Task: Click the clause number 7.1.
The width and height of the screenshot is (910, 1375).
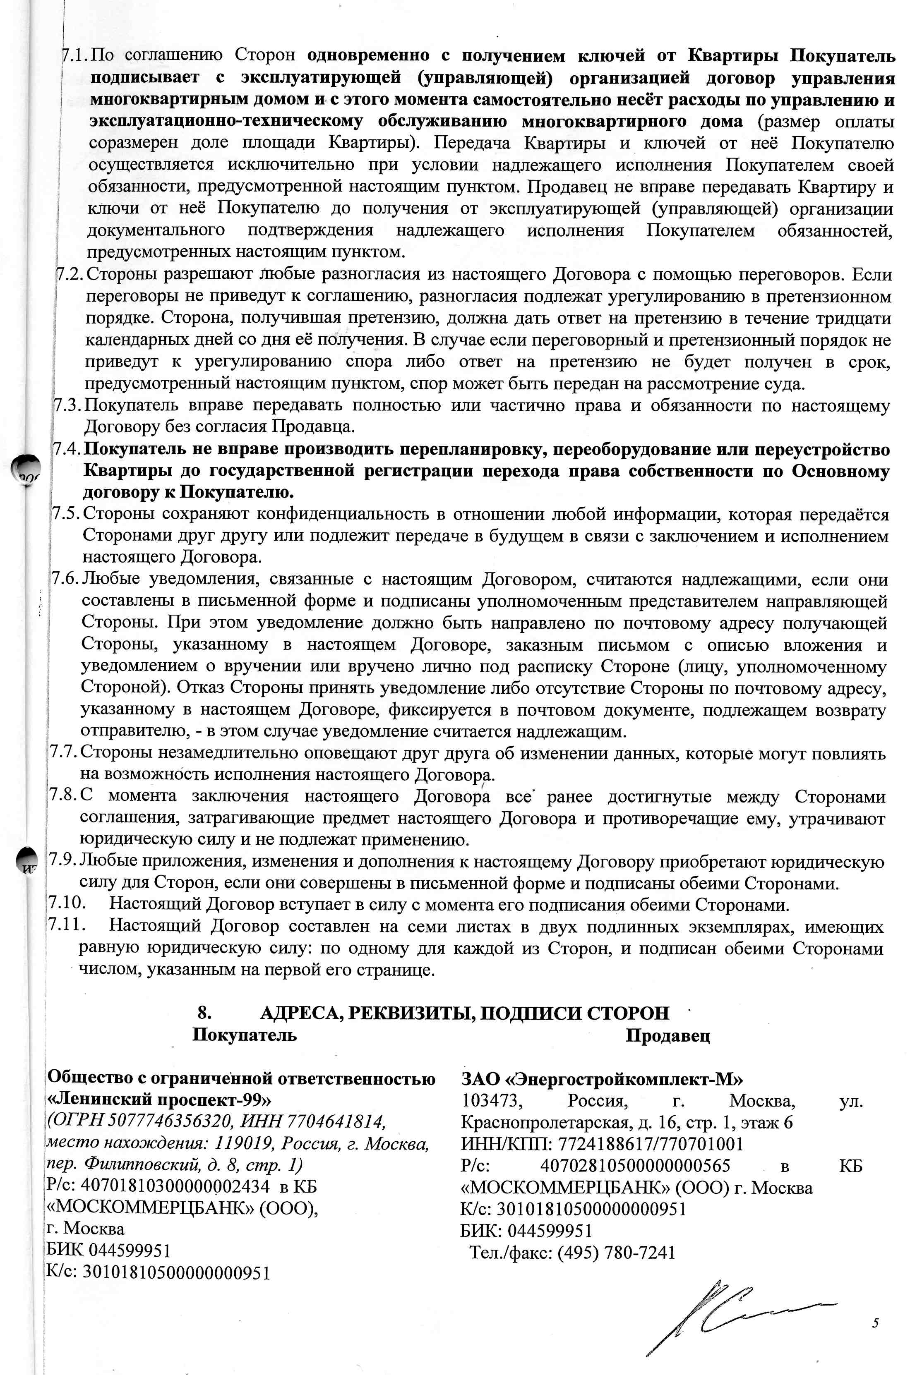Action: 74,56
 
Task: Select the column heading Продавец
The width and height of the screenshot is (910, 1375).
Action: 667,1036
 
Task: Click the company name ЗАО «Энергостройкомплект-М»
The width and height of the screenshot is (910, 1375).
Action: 602,1079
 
